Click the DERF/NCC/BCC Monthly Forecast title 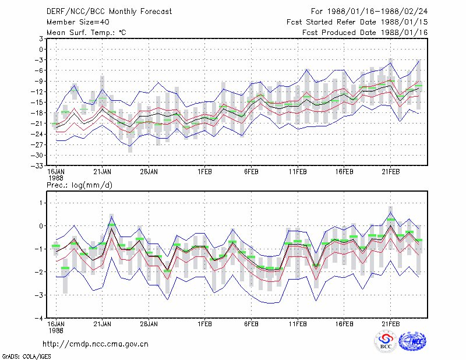(x=109, y=12)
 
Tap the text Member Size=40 (x=78, y=22)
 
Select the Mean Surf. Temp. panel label (x=86, y=33)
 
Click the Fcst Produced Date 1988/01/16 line (x=365, y=33)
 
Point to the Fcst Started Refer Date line (x=357, y=22)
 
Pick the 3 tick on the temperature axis (x=40, y=38)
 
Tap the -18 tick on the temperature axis (x=37, y=113)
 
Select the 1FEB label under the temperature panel (x=204, y=172)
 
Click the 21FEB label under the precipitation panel (x=390, y=324)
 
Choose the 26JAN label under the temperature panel (x=149, y=172)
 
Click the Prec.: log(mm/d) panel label (x=79, y=185)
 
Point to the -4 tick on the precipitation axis (x=39, y=318)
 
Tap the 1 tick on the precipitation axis (x=41, y=203)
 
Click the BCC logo (x=386, y=342)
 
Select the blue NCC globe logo (x=412, y=341)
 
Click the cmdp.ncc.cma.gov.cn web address (x=96, y=344)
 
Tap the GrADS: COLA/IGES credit (x=26, y=357)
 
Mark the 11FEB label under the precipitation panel (x=298, y=324)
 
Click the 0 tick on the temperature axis (x=41, y=50)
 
